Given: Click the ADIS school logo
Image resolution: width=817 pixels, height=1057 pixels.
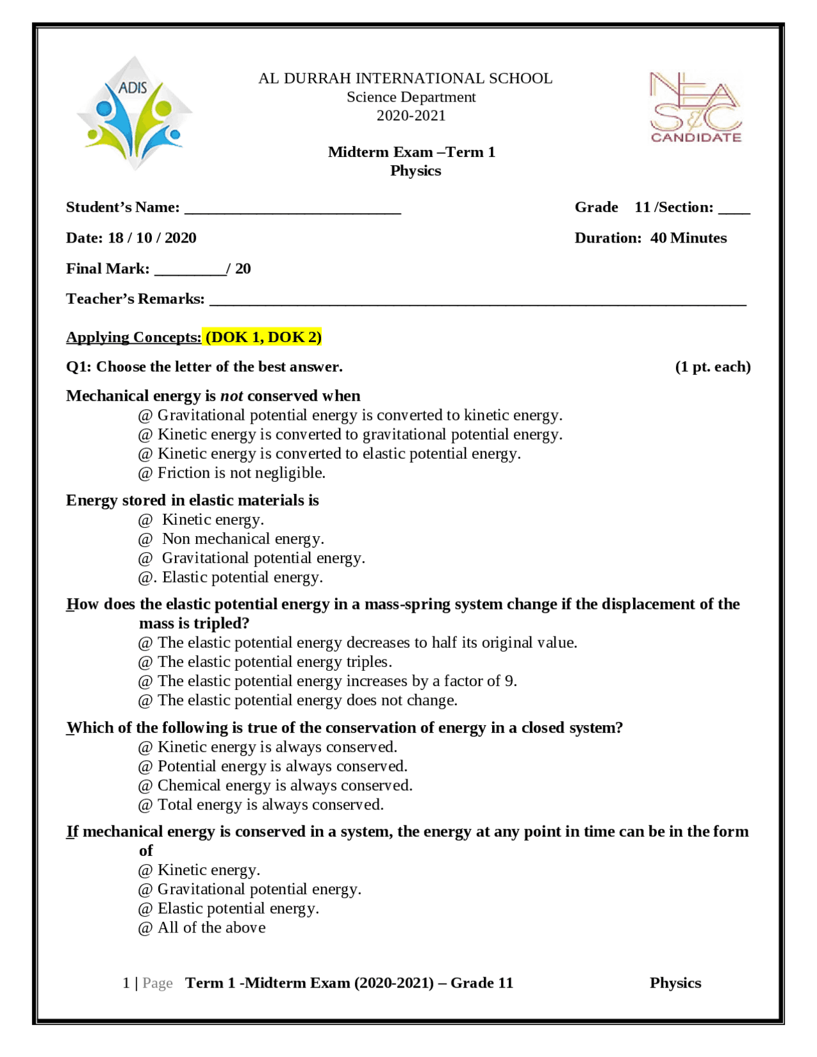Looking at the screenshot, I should coord(134,114).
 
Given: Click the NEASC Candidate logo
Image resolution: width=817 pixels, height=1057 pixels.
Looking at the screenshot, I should coord(696,107).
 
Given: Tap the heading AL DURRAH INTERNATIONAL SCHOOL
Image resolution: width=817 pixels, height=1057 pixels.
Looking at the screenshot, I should coord(405,79).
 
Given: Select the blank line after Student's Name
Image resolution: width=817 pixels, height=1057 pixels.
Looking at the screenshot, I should coord(292,209).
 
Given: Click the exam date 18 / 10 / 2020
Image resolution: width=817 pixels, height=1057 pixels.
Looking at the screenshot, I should coord(152,238).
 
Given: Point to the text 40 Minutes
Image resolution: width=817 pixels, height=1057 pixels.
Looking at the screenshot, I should coord(688,238).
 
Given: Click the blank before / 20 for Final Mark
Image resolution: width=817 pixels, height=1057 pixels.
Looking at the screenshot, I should coord(190,270).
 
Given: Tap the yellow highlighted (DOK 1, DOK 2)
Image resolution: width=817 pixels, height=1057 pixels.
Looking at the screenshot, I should coord(263,337).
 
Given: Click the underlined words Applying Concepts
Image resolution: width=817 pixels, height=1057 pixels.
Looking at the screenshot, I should coord(133,337).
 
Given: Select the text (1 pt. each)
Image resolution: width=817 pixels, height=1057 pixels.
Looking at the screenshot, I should coord(712,367).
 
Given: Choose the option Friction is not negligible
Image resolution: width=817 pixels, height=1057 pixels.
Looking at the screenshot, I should coord(241,473).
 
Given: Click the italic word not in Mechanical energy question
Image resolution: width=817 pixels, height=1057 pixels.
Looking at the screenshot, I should coord(232,396).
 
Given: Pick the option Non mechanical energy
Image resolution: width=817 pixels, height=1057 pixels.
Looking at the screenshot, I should coord(243,539).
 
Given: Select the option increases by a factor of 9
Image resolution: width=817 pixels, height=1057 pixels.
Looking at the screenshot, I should coord(337,681).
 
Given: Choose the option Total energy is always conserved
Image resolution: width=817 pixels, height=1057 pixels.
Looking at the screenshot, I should coord(271,805).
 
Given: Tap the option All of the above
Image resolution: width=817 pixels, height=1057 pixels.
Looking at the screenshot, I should coord(211,928).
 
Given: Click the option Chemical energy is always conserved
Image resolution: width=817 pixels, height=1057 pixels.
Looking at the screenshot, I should coord(285,786).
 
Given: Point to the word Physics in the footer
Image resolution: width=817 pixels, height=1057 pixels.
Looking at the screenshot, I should coord(675,983).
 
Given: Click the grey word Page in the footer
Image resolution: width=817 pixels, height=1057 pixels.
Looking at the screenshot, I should coord(158,983).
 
